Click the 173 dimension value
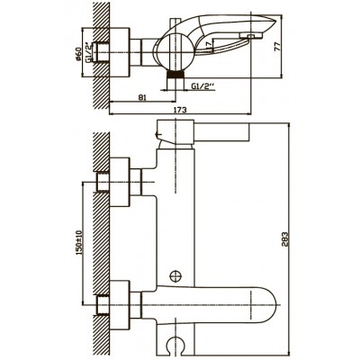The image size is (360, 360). point(180,110)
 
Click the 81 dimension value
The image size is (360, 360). point(142,97)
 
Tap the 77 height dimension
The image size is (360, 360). point(277,46)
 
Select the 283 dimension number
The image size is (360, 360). point(284,239)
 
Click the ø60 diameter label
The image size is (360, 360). point(78,54)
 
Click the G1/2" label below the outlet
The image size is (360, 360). point(203,86)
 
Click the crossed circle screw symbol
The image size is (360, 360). point(175,275)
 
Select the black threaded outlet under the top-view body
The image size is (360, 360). point(175,75)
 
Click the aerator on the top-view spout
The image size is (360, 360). point(251,36)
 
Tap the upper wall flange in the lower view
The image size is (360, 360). point(120,183)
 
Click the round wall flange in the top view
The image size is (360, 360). point(120,53)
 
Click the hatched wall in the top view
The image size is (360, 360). point(102,56)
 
